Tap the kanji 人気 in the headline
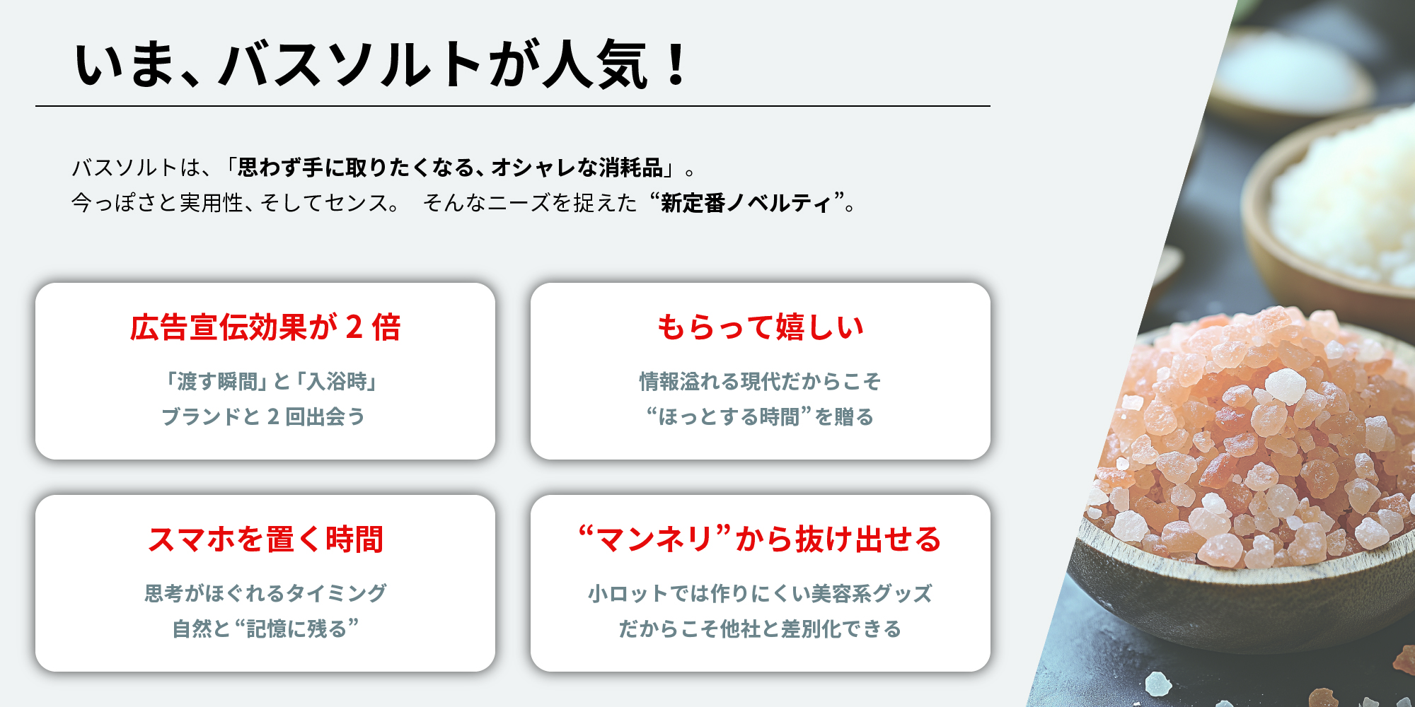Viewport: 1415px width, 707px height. [595, 64]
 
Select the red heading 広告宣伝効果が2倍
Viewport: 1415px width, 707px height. [265, 327]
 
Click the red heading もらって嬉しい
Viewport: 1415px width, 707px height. [761, 327]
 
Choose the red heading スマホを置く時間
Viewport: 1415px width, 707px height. [265, 539]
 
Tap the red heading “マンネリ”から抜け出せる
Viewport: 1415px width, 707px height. [761, 539]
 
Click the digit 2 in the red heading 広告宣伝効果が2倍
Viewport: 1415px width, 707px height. [354, 327]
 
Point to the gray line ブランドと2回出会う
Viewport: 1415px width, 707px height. [263, 416]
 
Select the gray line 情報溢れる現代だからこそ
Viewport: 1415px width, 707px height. [761, 382]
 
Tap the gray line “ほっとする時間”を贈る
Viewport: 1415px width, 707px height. [760, 416]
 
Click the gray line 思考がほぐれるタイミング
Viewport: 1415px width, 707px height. [265, 593]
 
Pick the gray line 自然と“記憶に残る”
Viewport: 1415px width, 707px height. [265, 629]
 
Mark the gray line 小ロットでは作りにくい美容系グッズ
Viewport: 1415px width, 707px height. [761, 593]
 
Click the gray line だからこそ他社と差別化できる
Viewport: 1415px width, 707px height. [761, 629]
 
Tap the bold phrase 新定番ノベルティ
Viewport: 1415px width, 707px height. [746, 204]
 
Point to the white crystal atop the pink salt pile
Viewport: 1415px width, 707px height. [1284, 386]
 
